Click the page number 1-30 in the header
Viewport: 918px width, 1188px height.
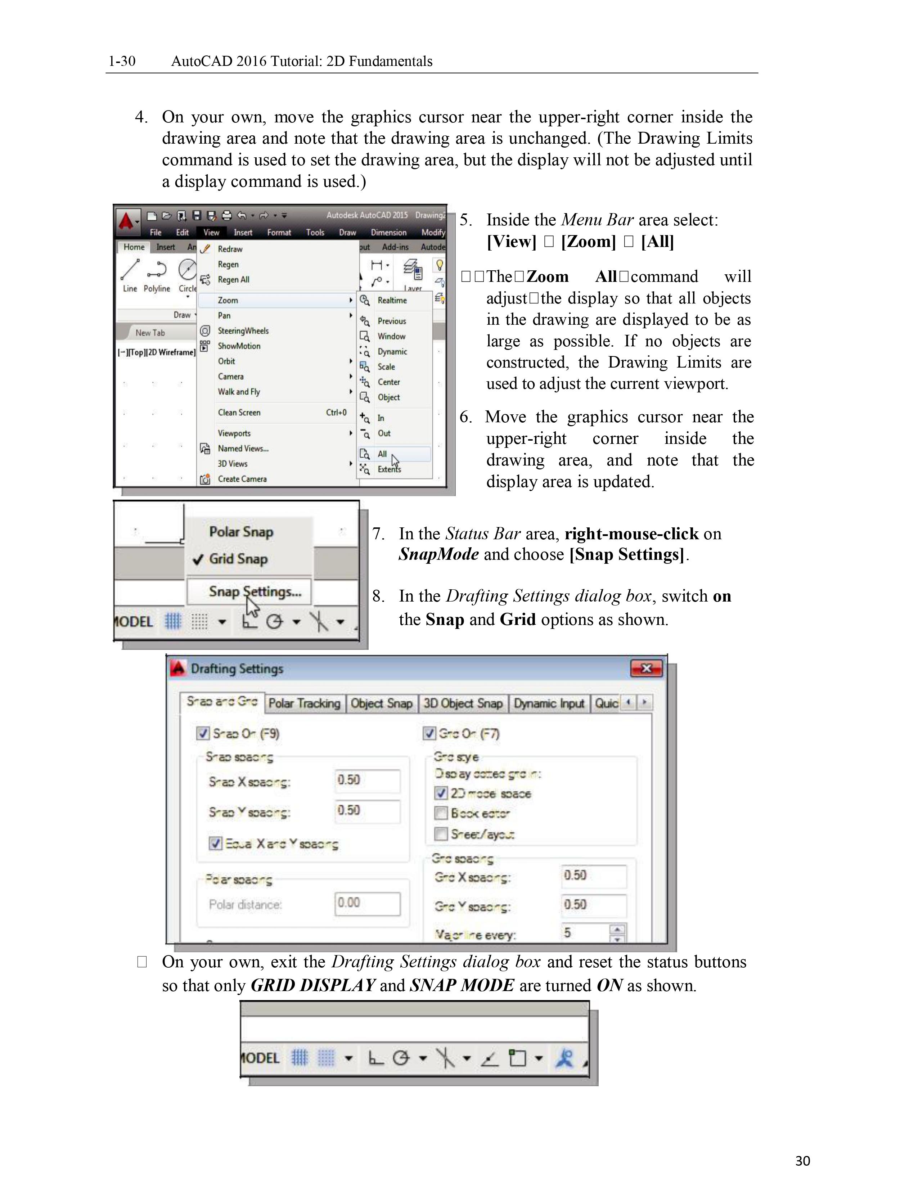point(122,61)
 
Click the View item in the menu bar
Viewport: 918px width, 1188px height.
point(211,232)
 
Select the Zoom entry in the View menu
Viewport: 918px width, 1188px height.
point(228,300)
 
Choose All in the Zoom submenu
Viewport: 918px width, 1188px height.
point(382,454)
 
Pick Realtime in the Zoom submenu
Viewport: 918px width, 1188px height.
point(392,300)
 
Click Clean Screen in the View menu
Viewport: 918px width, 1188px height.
point(239,412)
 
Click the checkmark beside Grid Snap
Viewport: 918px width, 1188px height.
point(198,559)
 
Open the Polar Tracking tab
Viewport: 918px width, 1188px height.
point(304,703)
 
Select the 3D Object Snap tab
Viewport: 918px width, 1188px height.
point(463,703)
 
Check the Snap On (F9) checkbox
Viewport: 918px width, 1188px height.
point(203,733)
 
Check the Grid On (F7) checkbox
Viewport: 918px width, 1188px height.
point(429,733)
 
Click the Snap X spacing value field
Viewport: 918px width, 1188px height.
point(368,780)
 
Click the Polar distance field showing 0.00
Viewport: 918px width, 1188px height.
point(368,903)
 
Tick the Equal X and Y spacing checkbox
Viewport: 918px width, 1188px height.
point(215,843)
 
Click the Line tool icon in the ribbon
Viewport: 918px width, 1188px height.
point(130,269)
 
